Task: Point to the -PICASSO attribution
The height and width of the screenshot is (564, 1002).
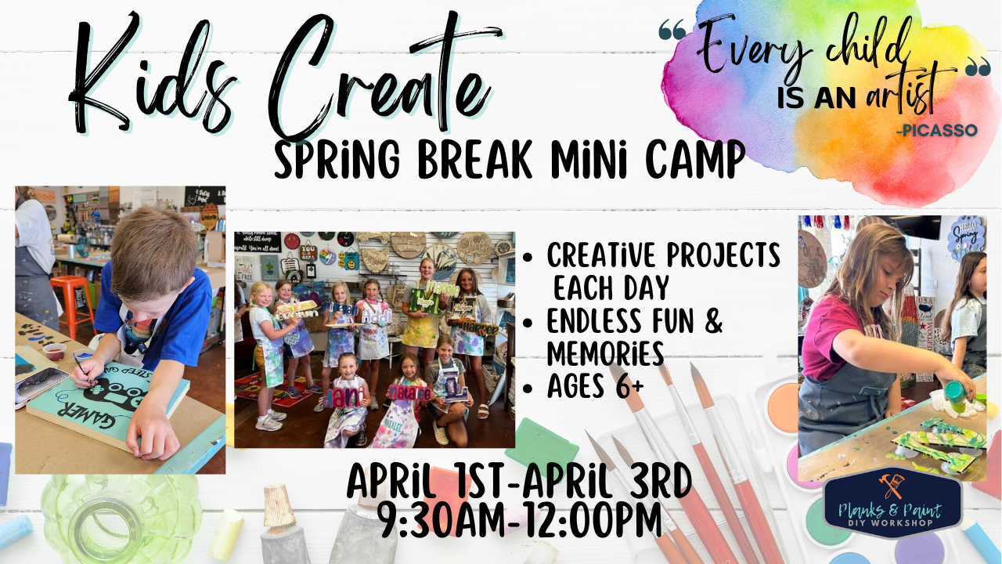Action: (x=938, y=130)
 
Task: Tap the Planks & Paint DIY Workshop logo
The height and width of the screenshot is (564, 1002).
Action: (x=892, y=505)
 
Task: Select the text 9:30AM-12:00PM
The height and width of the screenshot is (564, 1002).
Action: (x=518, y=519)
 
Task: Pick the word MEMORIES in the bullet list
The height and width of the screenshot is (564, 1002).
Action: (x=605, y=353)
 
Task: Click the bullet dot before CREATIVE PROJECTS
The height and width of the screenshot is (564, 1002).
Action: (x=529, y=256)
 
